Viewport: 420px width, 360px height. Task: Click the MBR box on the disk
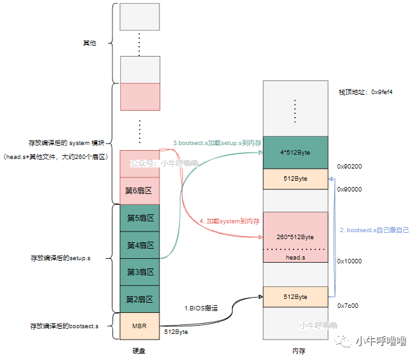click(139, 326)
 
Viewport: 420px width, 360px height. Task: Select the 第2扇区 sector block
click(139, 299)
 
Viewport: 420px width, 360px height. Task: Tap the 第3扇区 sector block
click(139, 272)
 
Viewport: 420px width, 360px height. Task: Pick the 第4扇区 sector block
click(139, 245)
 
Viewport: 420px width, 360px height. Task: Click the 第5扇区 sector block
click(139, 218)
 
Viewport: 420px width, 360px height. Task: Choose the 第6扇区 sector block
click(139, 190)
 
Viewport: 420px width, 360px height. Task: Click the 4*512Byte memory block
click(295, 153)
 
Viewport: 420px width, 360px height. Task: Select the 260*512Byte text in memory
click(295, 237)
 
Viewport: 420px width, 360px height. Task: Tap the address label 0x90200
click(349, 167)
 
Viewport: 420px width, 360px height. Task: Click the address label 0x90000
click(349, 189)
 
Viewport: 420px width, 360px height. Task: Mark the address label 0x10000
click(349, 261)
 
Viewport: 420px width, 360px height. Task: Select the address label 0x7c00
click(348, 305)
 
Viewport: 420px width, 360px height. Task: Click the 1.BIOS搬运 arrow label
click(202, 308)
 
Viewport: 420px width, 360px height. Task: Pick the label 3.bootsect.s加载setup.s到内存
click(217, 143)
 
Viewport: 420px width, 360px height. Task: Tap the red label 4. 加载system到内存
click(229, 221)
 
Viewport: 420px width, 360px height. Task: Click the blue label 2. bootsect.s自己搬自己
click(374, 230)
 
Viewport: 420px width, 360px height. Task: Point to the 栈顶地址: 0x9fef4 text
click(365, 92)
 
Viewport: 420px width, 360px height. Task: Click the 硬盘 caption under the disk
click(139, 351)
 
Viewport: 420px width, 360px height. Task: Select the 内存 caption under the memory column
click(295, 351)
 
